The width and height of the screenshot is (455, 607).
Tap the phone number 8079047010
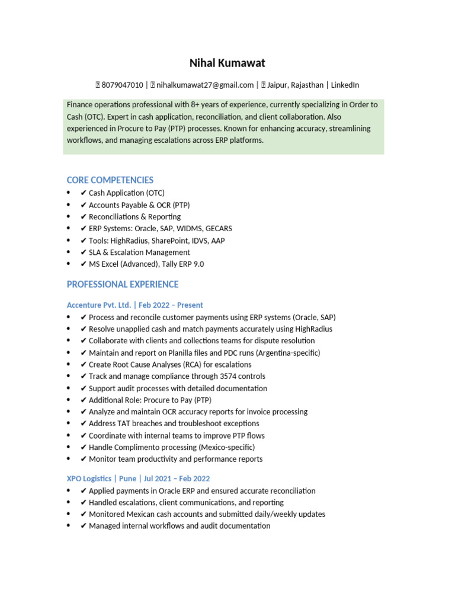point(123,85)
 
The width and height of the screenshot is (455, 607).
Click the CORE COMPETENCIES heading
point(110,180)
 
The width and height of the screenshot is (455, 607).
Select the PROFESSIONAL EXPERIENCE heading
point(123,285)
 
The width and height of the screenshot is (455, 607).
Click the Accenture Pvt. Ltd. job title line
point(135,305)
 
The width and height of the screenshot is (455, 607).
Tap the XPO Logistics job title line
point(139,478)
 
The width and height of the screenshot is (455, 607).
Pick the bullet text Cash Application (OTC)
point(126,193)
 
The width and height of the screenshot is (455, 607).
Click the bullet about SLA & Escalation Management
point(139,253)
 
